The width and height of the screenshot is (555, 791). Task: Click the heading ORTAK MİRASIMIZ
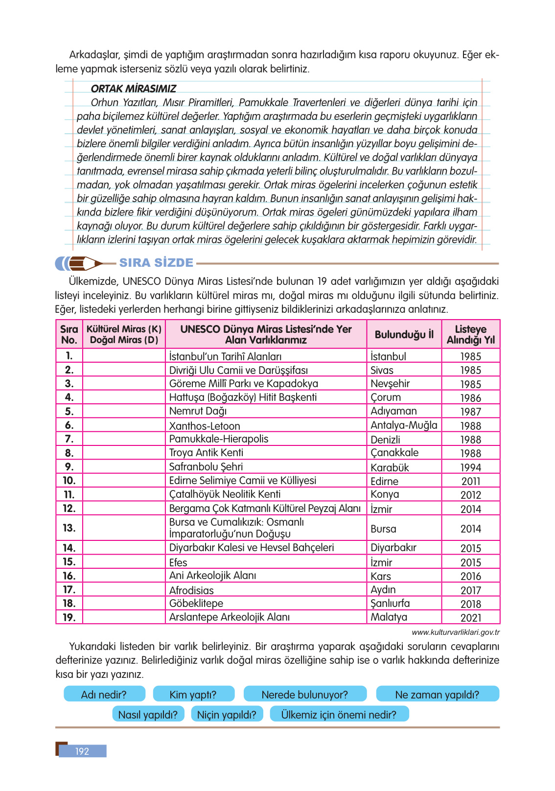click(134, 89)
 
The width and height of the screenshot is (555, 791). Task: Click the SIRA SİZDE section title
click(156, 263)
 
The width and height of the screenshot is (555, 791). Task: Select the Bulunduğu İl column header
click(404, 334)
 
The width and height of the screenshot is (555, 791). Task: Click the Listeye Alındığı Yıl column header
click(470, 334)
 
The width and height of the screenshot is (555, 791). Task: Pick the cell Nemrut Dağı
click(198, 411)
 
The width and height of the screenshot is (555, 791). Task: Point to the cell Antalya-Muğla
click(404, 425)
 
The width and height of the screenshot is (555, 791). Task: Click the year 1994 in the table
click(470, 467)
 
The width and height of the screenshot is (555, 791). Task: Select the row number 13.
click(69, 528)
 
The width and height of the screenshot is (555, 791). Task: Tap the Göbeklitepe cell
click(196, 604)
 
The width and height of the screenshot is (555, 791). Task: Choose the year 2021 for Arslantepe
click(470, 618)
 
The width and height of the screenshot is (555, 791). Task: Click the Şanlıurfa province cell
click(390, 604)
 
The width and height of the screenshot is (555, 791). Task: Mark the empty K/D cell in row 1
click(124, 356)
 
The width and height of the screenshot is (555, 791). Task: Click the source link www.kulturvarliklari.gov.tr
click(456, 632)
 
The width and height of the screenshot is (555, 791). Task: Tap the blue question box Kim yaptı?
click(193, 695)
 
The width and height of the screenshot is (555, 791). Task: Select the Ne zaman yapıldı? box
click(437, 695)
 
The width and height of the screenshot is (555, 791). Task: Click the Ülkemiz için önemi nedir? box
click(339, 715)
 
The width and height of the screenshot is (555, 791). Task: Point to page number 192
click(82, 751)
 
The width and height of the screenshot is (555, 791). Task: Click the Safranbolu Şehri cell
click(206, 467)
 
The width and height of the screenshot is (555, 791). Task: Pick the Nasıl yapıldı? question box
click(148, 715)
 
